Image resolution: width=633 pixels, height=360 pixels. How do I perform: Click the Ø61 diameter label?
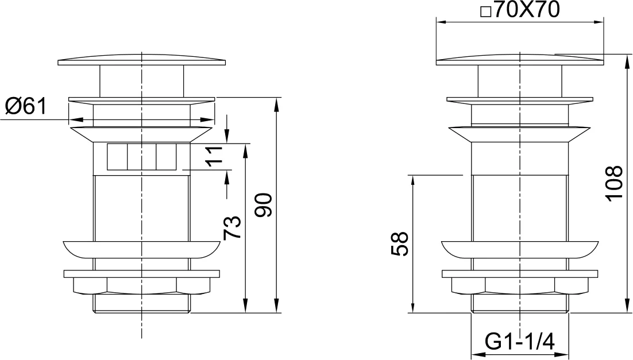point(25,106)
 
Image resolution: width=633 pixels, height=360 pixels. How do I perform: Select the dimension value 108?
point(614,183)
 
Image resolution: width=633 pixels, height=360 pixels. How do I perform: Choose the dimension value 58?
point(399,244)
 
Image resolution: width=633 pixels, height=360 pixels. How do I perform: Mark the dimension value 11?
point(214,156)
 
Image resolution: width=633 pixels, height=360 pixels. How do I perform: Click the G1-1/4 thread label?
point(520,343)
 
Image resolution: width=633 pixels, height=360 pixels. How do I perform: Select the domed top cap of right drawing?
point(520,59)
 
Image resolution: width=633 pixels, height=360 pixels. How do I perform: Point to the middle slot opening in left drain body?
point(141,157)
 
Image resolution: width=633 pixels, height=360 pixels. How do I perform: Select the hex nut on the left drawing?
point(141,285)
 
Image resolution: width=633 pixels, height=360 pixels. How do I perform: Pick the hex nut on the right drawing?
point(520,285)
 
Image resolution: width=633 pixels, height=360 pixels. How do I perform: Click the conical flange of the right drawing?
point(520,134)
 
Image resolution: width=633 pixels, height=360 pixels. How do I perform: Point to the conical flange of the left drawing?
point(141,134)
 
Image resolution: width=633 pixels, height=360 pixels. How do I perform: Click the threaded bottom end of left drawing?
point(141,304)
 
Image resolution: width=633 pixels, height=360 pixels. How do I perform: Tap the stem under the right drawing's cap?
point(520,80)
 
